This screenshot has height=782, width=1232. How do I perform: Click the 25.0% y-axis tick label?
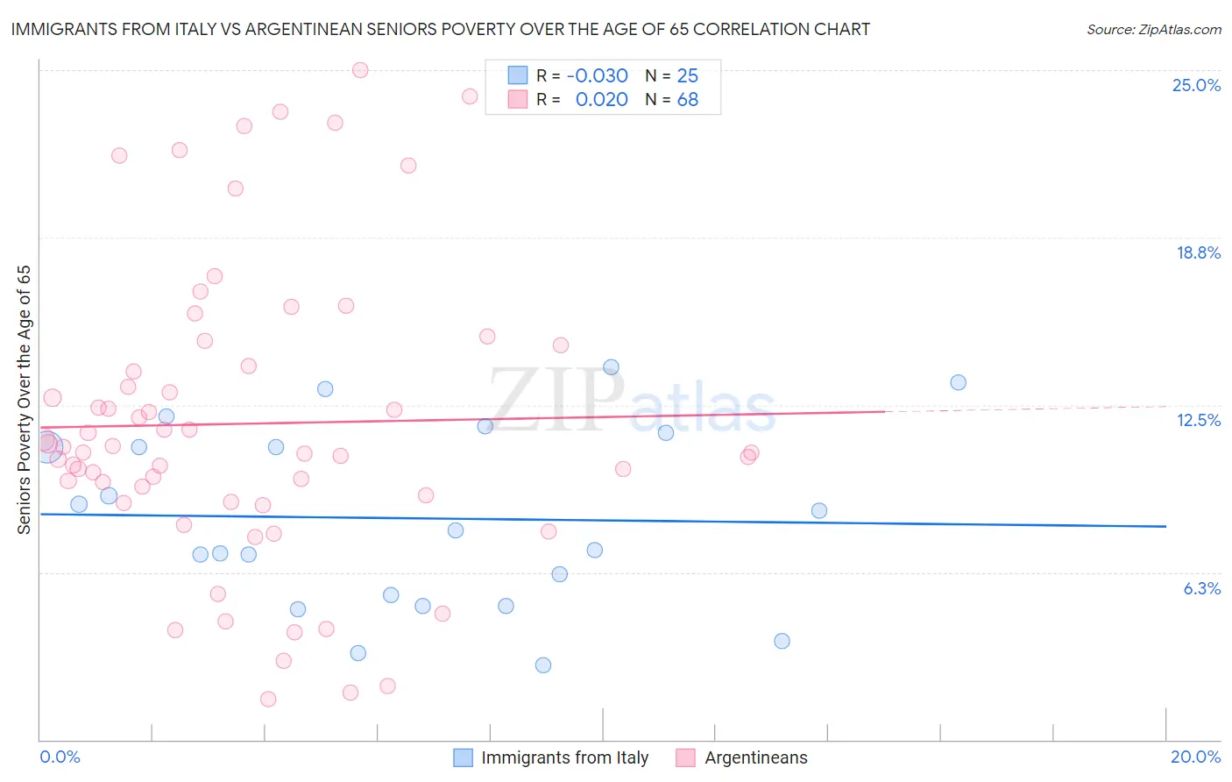(1196, 85)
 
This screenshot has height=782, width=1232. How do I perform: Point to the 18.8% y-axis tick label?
(1198, 252)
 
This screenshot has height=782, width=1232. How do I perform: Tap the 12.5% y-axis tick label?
(1198, 420)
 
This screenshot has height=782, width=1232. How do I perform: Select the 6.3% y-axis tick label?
(1201, 588)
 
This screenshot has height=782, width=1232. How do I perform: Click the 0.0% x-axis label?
(60, 757)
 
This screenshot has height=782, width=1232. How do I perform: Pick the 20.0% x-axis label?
(1195, 757)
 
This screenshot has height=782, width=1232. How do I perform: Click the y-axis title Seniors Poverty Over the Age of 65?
(24, 400)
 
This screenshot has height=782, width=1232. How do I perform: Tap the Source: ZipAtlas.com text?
(1153, 29)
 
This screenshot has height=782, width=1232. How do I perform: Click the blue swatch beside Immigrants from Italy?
(463, 757)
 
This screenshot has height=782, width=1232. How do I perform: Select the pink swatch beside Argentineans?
(686, 757)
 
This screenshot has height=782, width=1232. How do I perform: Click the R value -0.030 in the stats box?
(597, 75)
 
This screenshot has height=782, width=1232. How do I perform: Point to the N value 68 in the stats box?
(687, 100)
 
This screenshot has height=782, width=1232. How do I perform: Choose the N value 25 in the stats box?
(687, 75)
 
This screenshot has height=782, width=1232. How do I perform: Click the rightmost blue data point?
(958, 382)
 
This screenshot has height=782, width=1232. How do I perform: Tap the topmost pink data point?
(360, 70)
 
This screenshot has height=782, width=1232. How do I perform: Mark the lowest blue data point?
(543, 665)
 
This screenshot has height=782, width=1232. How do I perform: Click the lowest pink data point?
(268, 699)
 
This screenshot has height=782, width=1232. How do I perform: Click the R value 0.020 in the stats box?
(601, 100)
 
